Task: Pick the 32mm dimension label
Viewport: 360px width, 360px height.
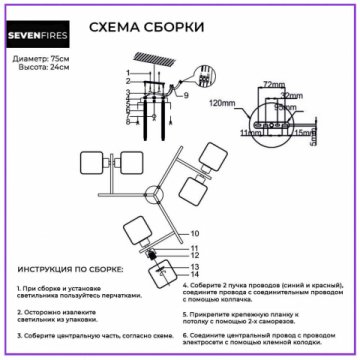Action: point(291,96)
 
